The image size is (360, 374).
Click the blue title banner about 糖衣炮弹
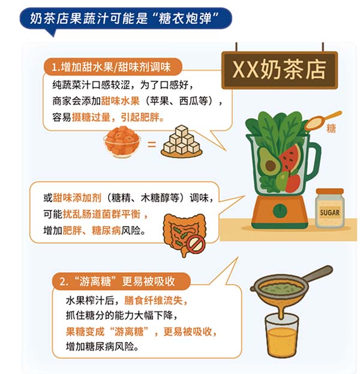[125, 19]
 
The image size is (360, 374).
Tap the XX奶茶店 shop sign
[280, 70]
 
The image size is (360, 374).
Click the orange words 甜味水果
[121, 101]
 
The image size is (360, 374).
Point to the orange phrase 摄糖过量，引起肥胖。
[118, 117]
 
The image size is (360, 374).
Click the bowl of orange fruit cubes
[122, 141]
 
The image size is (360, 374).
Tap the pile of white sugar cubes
[181, 141]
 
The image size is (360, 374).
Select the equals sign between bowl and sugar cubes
[152, 144]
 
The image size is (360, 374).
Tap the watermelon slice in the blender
[290, 158]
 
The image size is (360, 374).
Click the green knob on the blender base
[280, 211]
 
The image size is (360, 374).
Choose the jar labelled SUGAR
[329, 208]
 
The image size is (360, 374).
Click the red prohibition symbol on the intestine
[196, 244]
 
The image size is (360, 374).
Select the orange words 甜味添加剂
[77, 198]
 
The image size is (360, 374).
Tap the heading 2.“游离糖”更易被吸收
[121, 282]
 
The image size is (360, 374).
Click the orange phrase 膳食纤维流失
[154, 300]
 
